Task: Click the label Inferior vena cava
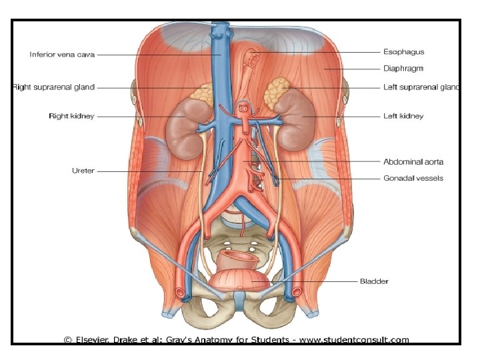tap(63, 54)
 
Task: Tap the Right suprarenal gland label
tap(54, 87)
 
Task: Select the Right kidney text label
tap(71, 116)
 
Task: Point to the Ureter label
tap(83, 171)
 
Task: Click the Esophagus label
tap(403, 51)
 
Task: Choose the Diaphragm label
tap(403, 68)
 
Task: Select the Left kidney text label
tap(403, 116)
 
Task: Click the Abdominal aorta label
tap(413, 161)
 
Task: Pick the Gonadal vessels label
tap(413, 178)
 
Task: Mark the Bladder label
tap(374, 281)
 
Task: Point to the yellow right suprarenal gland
tap(201, 93)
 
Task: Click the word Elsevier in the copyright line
tap(96, 340)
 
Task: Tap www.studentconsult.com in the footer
tap(354, 340)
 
